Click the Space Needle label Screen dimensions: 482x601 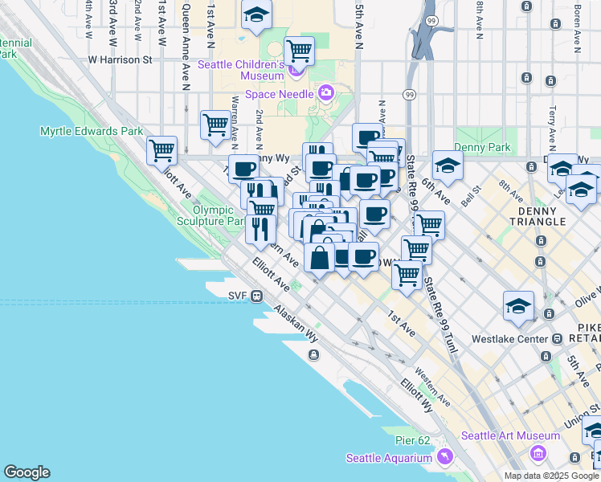tap(280, 94)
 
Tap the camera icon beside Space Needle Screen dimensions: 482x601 tap(326, 92)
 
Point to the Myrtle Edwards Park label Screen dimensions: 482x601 tap(92, 131)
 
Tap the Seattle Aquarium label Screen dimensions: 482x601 tap(390, 458)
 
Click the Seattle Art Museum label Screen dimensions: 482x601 tap(510, 435)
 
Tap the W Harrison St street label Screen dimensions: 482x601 tap(120, 59)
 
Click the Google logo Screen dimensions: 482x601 tap(27, 472)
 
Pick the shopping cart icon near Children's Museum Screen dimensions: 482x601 tap(299, 51)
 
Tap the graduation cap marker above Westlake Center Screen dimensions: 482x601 tap(518, 306)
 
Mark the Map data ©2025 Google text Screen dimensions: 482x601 tap(551, 476)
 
